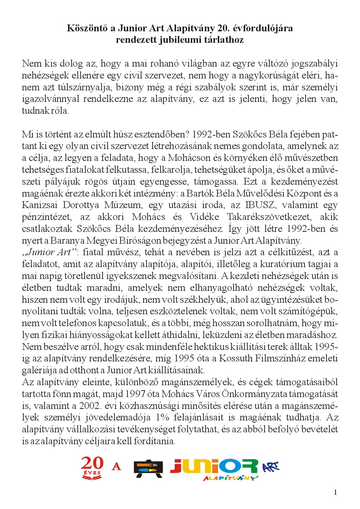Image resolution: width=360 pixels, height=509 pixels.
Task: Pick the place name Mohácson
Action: [x=189, y=158]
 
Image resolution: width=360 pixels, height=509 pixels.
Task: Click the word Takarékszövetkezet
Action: [x=282, y=217]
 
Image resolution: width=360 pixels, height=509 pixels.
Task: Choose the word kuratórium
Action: [x=276, y=264]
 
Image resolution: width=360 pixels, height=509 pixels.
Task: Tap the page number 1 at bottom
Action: [x=336, y=492]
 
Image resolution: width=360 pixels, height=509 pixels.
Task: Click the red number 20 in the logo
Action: [x=92, y=464]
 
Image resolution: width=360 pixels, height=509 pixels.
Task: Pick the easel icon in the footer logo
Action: [x=148, y=469]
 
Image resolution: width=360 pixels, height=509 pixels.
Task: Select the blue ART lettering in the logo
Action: [x=271, y=467]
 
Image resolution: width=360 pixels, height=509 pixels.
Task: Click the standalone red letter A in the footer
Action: [x=116, y=467]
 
